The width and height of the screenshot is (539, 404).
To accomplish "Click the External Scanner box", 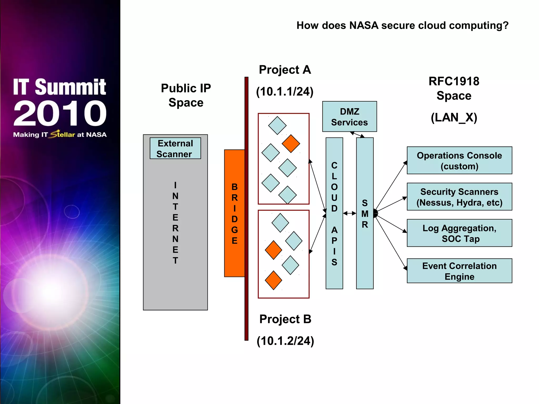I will [x=175, y=148].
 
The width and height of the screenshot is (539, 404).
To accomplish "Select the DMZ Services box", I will [x=349, y=117].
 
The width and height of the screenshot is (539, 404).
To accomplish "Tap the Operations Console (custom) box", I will [x=459, y=160].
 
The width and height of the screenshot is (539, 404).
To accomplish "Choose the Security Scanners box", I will [x=459, y=197].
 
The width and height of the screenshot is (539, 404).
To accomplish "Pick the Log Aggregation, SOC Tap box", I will [x=459, y=233].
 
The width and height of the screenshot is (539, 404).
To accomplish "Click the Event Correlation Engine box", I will [x=459, y=271].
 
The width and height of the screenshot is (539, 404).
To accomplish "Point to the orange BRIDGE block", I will [x=234, y=213].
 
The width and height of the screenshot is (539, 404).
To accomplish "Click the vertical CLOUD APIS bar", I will [x=334, y=213].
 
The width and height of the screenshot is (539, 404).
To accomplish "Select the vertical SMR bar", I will [x=365, y=213].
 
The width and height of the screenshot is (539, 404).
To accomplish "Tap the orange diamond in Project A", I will [x=291, y=144].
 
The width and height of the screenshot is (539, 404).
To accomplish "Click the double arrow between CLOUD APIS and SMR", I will [x=350, y=213].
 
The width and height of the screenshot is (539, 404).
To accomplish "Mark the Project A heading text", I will [x=285, y=70].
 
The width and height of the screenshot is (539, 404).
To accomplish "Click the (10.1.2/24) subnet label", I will [x=285, y=341].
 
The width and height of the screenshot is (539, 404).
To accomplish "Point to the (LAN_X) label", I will [x=454, y=118].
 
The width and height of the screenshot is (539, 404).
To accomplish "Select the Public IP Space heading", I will [x=186, y=95].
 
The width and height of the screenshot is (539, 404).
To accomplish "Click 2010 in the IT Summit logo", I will [x=60, y=113].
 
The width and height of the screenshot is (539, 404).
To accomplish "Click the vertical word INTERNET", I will [x=175, y=223].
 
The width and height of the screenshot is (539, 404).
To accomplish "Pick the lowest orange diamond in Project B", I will [x=273, y=280].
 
